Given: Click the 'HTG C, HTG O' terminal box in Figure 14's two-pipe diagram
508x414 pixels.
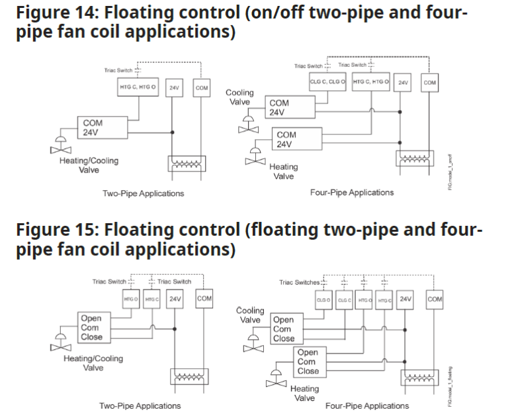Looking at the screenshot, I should coord(138,87).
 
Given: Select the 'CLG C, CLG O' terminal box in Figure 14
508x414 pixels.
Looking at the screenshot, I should coord(329,81).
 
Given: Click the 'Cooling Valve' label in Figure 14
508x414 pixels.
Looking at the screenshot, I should coord(240,97).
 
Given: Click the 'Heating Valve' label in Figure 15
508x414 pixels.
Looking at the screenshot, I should coord(304,393).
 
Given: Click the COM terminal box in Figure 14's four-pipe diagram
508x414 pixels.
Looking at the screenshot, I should coord(429,82).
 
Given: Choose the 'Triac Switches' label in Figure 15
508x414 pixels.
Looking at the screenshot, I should coord(298,282).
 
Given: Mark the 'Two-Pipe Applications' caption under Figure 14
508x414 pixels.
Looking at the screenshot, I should coord(143,193).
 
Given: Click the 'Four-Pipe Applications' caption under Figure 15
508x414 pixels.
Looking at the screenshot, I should coord(368,405).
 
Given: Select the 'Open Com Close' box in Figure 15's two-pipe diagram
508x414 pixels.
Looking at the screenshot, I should coord(92,328).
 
